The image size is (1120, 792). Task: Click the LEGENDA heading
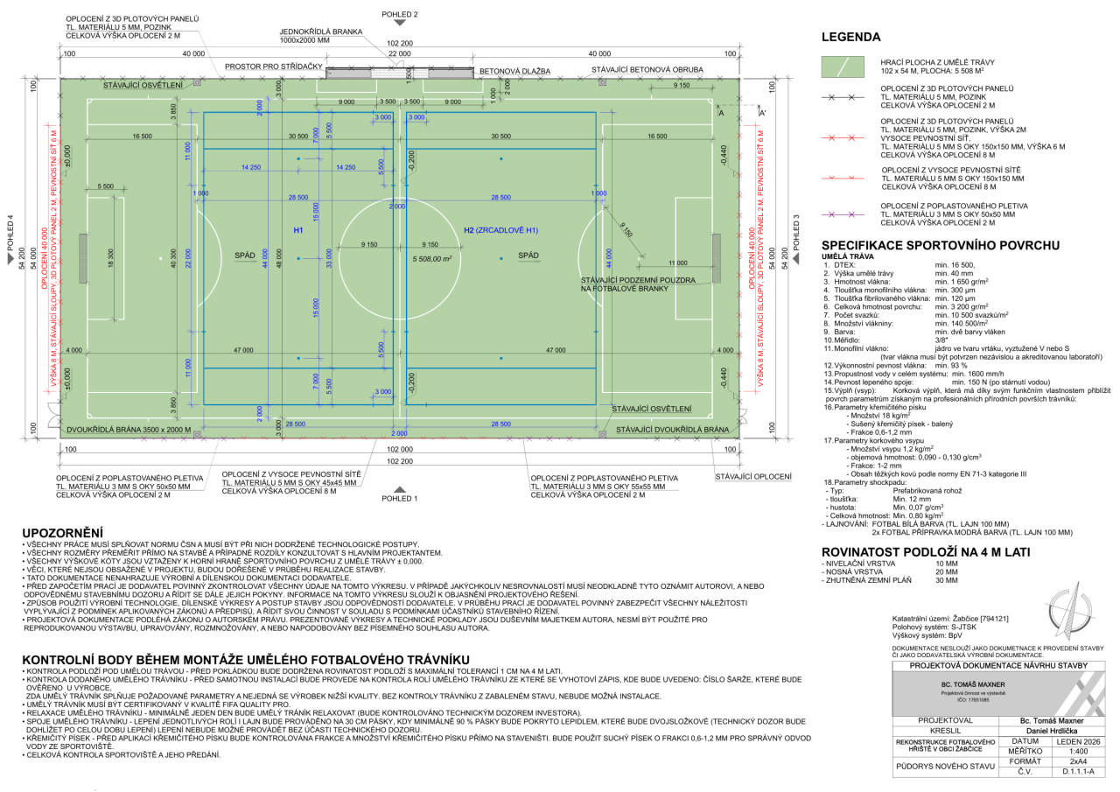(850, 38)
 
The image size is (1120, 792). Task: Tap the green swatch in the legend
(845, 67)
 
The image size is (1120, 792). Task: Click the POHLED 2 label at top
(400, 15)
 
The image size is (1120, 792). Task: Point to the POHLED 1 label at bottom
(400, 498)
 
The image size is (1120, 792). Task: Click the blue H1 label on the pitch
(298, 230)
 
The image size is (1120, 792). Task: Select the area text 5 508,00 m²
(432, 259)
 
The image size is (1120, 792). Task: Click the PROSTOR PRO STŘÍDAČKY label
(275, 67)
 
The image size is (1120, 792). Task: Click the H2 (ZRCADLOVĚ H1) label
(500, 230)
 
